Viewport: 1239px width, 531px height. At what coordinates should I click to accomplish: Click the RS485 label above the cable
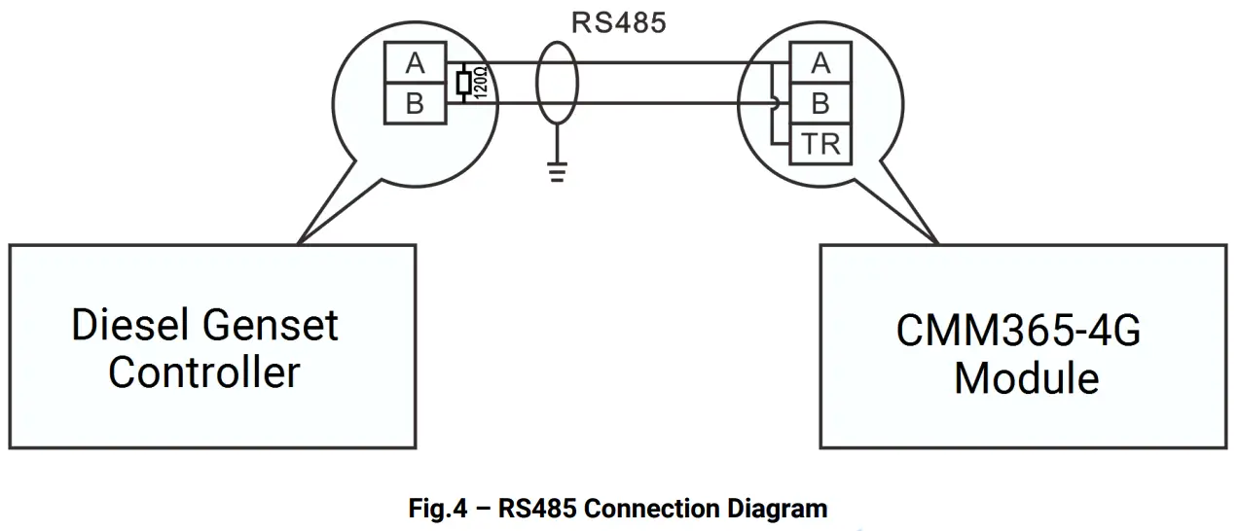click(618, 23)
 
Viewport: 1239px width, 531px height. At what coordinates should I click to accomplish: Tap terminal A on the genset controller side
click(416, 62)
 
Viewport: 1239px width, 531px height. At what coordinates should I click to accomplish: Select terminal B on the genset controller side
click(416, 103)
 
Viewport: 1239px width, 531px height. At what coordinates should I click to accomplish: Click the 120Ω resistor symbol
click(463, 83)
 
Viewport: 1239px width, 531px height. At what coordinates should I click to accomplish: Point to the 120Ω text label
click(481, 83)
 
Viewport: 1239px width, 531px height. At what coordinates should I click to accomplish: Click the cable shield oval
click(557, 83)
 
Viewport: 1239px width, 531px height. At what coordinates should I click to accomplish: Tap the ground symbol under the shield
click(557, 172)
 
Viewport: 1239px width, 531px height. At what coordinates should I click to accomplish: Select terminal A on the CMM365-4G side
click(820, 62)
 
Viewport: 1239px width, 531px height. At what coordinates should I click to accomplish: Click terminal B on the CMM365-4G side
click(820, 103)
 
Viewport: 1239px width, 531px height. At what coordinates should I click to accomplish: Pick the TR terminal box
click(820, 144)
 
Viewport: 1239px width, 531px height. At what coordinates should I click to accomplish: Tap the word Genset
click(271, 325)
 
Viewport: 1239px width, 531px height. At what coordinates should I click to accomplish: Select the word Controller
click(204, 372)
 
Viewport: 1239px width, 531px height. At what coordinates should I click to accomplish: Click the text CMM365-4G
click(1018, 331)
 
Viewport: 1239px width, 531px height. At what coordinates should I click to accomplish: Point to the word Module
click(1027, 378)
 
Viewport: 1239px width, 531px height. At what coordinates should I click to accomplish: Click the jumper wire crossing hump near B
click(776, 103)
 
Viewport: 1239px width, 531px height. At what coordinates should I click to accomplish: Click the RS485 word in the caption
click(537, 509)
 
